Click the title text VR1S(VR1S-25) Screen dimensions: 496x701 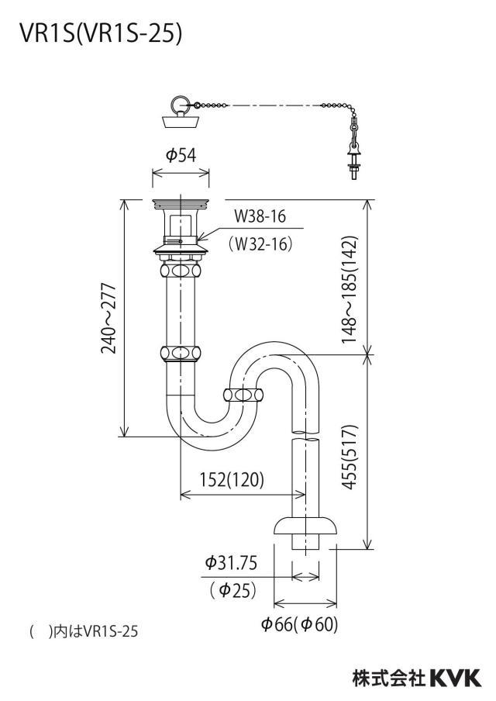[101, 33]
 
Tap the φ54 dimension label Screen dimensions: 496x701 [181, 155]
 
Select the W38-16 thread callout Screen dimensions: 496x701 [260, 217]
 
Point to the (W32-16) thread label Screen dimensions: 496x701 [260, 243]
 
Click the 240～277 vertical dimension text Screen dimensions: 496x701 [108, 318]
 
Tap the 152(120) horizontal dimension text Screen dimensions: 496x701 [232, 479]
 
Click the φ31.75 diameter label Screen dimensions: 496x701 [231, 562]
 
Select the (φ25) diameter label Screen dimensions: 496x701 [232, 590]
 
